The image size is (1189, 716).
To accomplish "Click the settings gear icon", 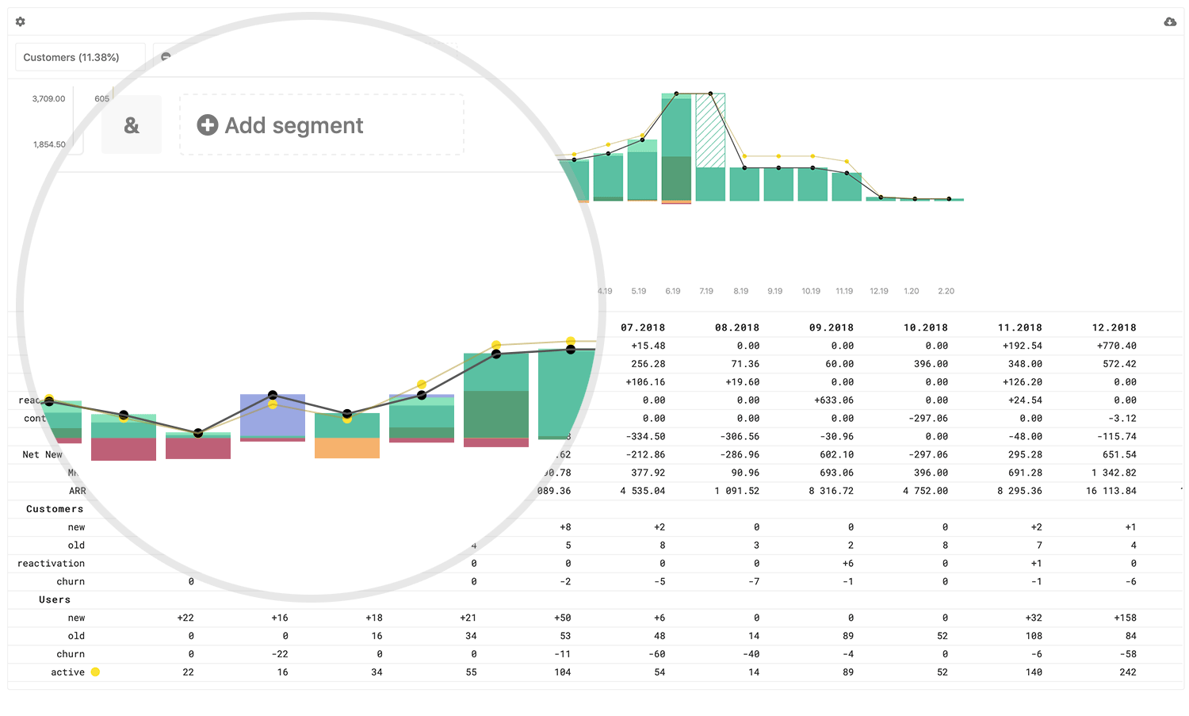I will pos(21,22).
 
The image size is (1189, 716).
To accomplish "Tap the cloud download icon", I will pos(1170,22).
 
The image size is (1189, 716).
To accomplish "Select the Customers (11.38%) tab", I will pos(71,57).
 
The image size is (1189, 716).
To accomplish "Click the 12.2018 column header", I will pos(1114,327).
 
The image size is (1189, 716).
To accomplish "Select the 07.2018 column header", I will pos(643,327).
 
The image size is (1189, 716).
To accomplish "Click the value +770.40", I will pos(1116,346).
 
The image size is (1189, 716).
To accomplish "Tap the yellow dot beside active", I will pos(95,672).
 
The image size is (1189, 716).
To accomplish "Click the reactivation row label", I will pos(51,563).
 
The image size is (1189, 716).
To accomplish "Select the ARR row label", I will pos(77,491).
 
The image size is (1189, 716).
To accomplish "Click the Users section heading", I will pos(55,599).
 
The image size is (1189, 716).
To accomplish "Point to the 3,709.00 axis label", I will pos(48,99).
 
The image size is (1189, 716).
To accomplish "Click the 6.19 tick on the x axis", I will pos(673,291).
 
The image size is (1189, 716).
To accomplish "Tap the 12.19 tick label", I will pos(879,291).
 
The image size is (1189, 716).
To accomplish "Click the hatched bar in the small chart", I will pos(710,131).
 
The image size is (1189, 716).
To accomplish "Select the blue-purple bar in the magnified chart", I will pos(273,415).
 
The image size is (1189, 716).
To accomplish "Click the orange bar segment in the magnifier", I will pos(347,448).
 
